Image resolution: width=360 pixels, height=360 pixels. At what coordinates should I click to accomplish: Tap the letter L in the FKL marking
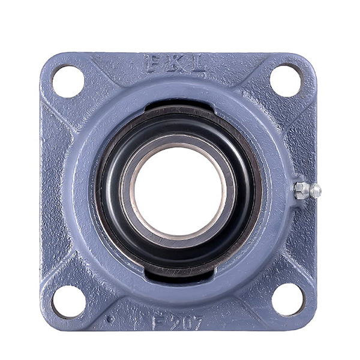coord(196,64)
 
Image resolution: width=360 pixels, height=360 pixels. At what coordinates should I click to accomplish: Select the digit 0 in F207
coord(183,322)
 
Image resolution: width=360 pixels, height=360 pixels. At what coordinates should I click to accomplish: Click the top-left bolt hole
coord(68,81)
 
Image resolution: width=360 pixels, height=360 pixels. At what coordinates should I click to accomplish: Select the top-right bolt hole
coord(286,80)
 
